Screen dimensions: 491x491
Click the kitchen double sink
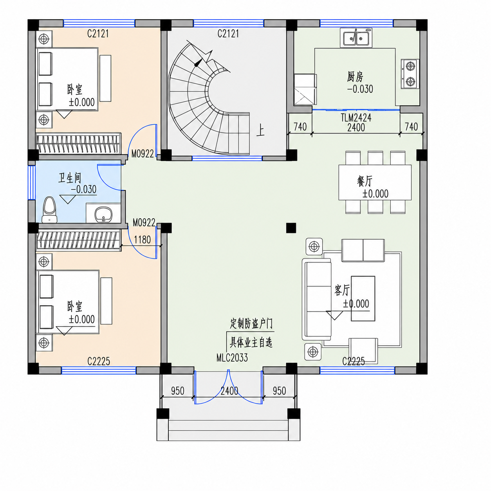pos(356,38)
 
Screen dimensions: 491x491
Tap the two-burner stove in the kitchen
pos(410,74)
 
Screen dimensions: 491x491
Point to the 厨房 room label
pos(355,76)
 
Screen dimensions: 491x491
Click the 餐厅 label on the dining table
pos(365,181)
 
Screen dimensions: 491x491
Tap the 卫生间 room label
pos(70,178)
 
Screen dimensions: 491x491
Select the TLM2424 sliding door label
pos(356,118)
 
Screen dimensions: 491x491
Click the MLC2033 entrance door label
pos(232,358)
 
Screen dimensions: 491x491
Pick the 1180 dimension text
pos(142,240)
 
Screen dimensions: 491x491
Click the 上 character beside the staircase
pos(260,130)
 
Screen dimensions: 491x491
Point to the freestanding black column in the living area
pos(291,228)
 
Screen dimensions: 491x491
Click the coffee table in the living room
pos(363,298)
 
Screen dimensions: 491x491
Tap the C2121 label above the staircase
pos(228,34)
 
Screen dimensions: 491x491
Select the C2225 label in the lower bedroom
pos(99,361)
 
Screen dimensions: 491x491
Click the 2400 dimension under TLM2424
pos(356,127)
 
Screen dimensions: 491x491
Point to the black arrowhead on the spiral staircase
pos(198,63)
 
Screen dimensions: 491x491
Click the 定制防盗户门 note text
pos(251,324)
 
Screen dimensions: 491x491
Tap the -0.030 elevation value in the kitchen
pos(360,89)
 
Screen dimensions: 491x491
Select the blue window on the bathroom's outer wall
pos(32,182)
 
